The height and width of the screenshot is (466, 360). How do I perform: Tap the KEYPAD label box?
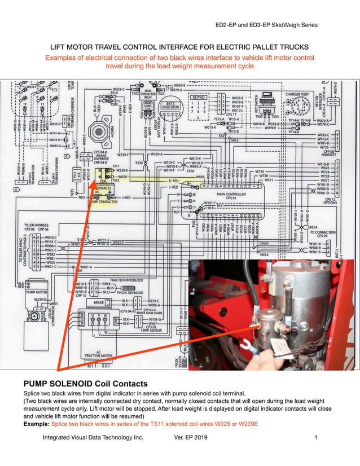click(x=199, y=96)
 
